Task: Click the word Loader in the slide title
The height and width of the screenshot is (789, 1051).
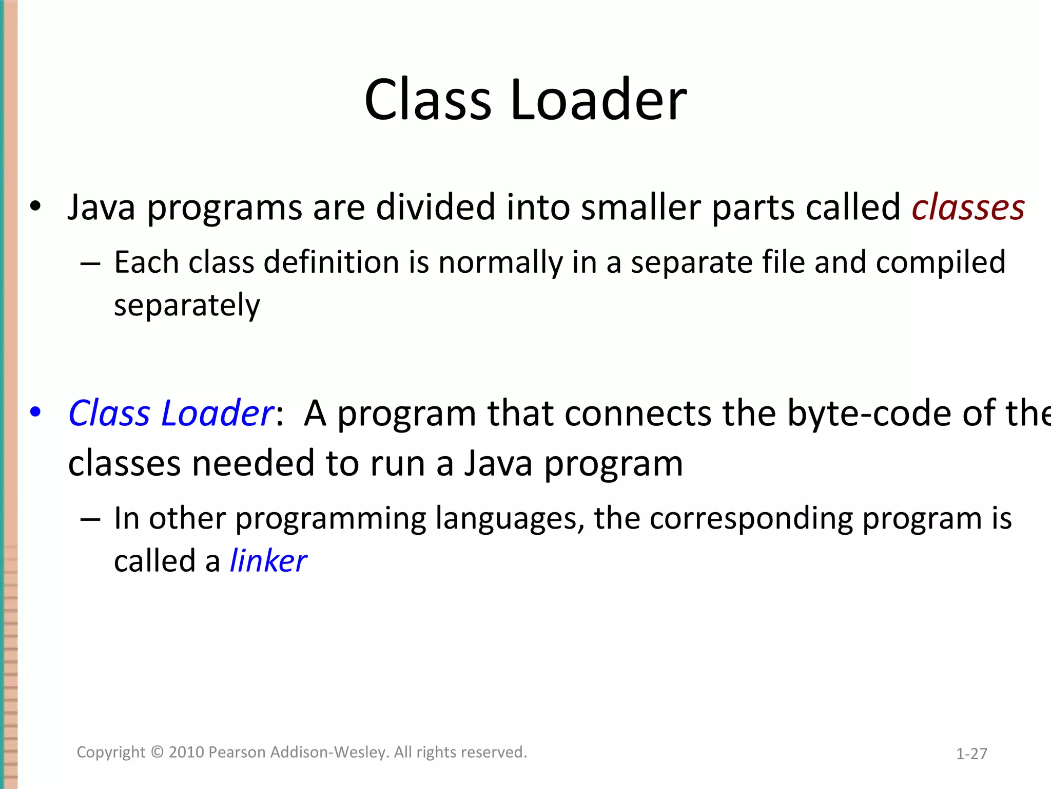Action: click(x=598, y=100)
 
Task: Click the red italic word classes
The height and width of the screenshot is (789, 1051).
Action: click(x=968, y=208)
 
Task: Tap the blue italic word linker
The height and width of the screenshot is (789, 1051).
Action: click(x=268, y=561)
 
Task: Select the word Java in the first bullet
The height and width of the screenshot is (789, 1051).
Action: click(x=102, y=208)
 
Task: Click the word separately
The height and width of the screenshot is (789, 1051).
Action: click(x=187, y=306)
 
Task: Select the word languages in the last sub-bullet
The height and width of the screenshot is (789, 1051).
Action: click(x=510, y=518)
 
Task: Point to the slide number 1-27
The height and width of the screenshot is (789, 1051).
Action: click(x=971, y=754)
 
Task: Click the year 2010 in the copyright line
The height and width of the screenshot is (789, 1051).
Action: click(x=186, y=753)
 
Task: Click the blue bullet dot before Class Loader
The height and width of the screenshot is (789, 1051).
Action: click(x=35, y=411)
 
